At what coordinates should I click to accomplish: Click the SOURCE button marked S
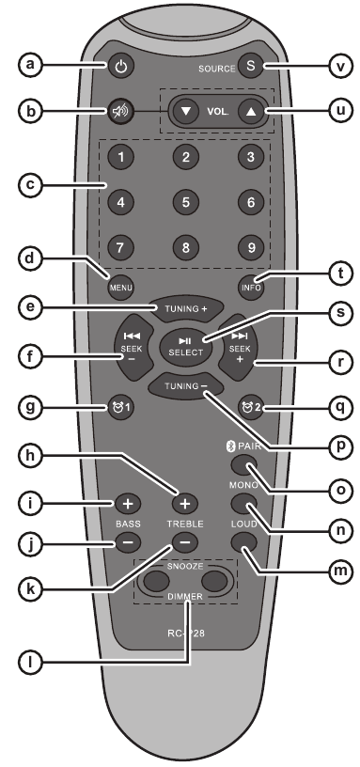click(x=251, y=66)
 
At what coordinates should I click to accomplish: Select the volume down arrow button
click(x=186, y=110)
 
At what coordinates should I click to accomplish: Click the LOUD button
click(x=244, y=542)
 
